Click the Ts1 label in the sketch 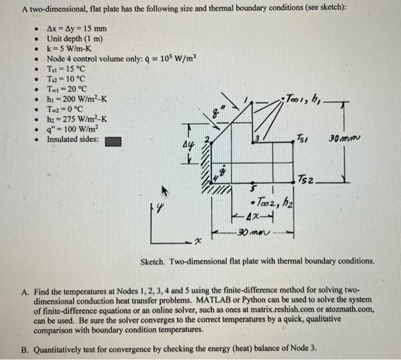302,139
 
